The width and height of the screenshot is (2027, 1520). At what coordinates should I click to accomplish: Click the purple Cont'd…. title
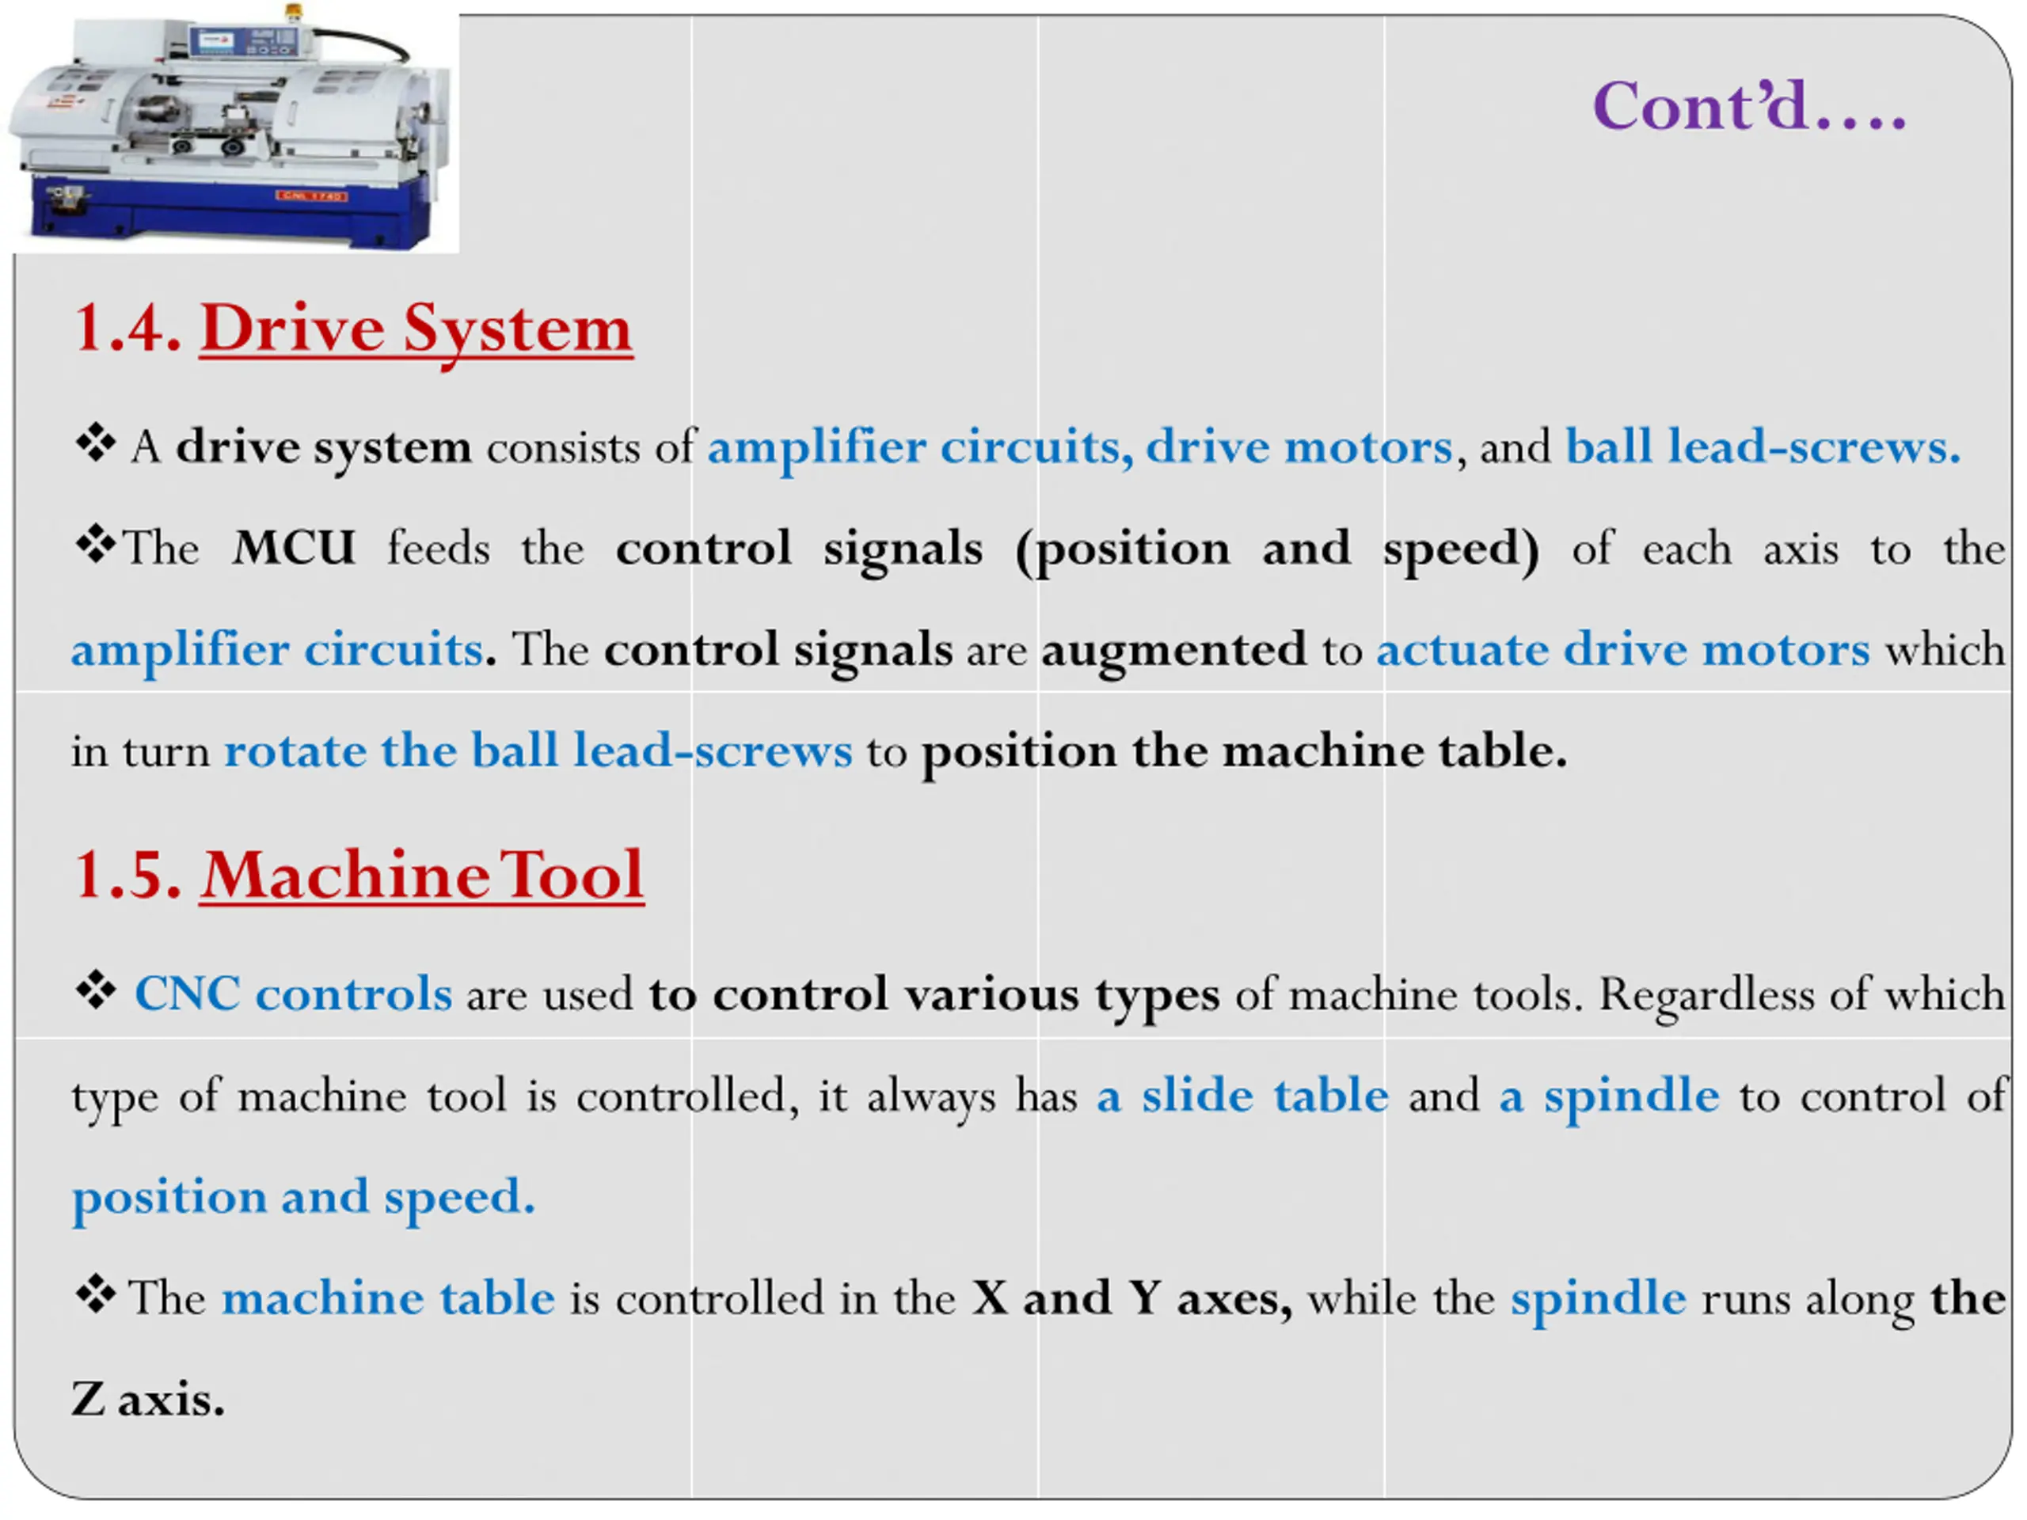click(x=1748, y=107)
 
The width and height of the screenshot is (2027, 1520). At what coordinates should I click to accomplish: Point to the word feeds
click(x=438, y=549)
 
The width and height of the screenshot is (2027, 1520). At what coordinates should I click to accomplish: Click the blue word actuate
click(x=1462, y=651)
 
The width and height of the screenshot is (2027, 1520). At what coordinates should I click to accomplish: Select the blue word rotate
click(x=295, y=751)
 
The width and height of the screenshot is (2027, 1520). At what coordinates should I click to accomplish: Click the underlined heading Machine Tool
click(x=423, y=876)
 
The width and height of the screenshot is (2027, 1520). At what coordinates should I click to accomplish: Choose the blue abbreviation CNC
click(x=187, y=994)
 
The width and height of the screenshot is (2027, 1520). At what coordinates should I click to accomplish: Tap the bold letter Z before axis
click(x=88, y=1400)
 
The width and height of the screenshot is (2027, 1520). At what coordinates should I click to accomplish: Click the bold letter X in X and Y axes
click(x=990, y=1298)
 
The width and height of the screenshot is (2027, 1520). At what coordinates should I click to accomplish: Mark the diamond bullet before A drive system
click(x=95, y=444)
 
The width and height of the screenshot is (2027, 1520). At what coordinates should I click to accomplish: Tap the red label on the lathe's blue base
click(x=310, y=196)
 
